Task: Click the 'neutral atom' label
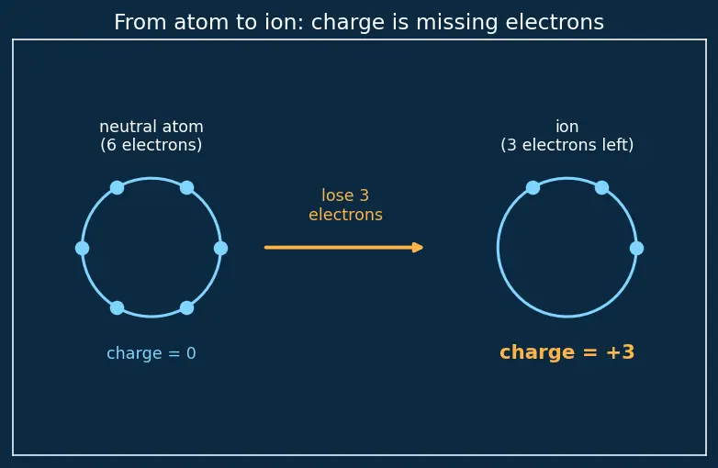151,127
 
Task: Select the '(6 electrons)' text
151,145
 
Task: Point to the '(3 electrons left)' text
567,145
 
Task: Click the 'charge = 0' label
151,353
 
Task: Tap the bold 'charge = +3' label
567,352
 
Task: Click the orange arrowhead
417,248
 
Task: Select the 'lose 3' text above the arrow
345,195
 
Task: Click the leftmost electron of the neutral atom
82,249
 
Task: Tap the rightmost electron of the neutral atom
220,249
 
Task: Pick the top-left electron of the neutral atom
117,187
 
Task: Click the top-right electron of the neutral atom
186,187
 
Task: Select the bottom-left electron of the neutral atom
117,308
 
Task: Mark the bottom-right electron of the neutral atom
186,308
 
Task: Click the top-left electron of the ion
533,187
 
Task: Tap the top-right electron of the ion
601,187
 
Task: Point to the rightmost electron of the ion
636,249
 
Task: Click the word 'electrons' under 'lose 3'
346,215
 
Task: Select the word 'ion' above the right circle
567,127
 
